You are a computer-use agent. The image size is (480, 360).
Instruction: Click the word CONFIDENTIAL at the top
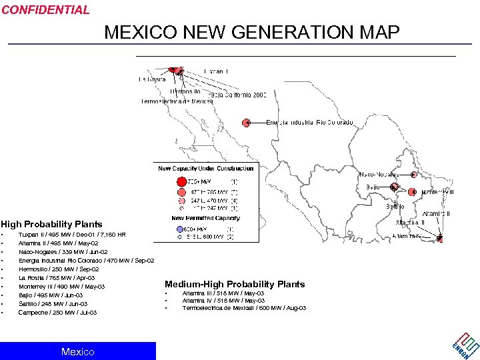45,10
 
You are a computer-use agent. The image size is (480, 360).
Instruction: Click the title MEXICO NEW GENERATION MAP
252,33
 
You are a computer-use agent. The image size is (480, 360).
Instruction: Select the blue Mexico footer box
78,351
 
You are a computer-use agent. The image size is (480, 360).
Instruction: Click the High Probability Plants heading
52,224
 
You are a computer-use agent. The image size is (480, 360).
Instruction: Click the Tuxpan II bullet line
72,235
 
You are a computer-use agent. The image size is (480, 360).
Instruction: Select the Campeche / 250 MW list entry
57,313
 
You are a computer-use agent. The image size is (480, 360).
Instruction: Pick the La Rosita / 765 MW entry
57,278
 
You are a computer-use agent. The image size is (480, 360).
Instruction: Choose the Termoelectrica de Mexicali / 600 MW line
244,308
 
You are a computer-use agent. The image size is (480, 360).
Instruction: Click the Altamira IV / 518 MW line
223,301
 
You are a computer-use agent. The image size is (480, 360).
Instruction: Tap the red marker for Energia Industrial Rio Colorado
247,123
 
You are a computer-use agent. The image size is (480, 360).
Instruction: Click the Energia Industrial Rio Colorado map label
309,123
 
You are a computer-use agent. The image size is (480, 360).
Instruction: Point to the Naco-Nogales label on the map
379,174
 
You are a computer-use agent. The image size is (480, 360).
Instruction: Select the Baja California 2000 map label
238,95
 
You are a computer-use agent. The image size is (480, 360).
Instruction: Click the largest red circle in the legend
181,181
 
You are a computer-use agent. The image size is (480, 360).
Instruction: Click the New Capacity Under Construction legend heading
205,169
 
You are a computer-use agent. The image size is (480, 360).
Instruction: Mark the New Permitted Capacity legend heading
205,219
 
